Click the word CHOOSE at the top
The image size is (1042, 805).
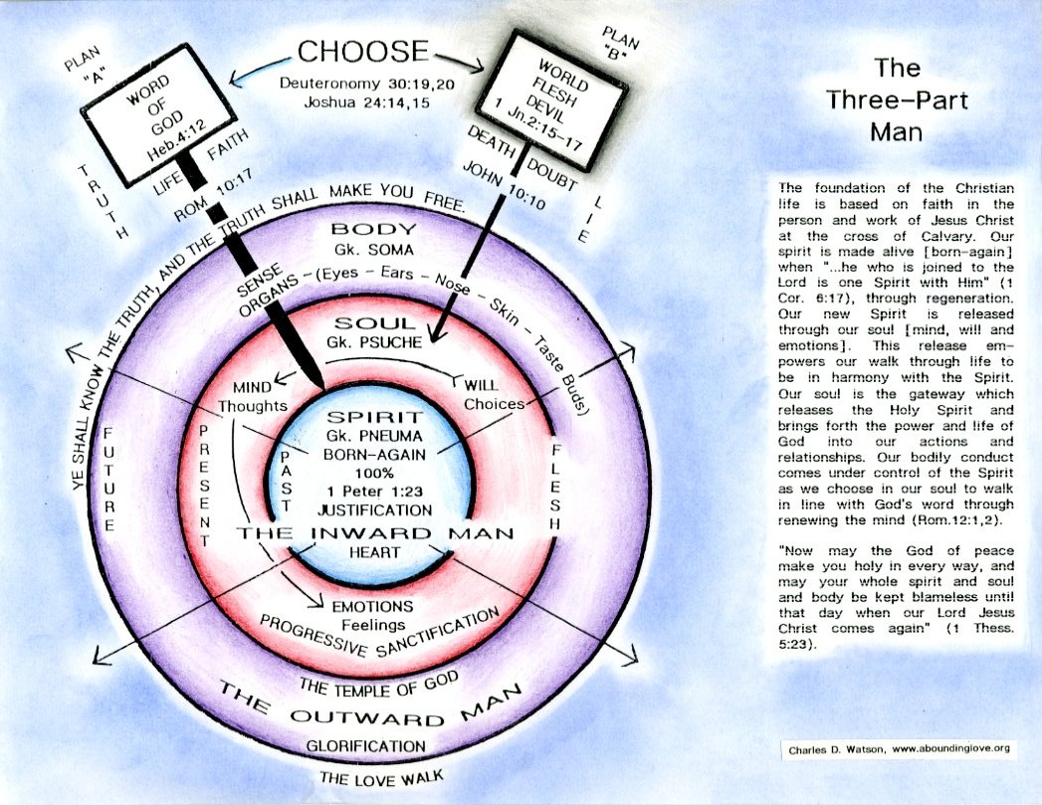click(363, 53)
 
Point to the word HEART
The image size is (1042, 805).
click(374, 552)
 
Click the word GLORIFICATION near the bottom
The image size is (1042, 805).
click(365, 745)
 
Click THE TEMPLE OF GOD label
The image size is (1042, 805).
click(378, 683)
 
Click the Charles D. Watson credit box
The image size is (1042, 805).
click(896, 748)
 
